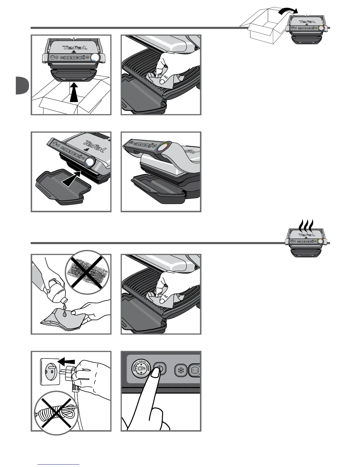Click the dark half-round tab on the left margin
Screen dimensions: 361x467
coord(22,85)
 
